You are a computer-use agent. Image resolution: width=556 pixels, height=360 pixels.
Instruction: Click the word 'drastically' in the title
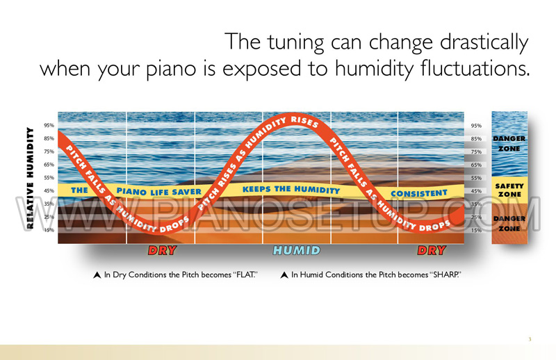pos(484,42)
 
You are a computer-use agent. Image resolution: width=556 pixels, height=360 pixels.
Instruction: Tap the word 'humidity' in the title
pos(374,68)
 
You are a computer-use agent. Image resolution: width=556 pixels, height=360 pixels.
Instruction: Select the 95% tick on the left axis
pos(49,125)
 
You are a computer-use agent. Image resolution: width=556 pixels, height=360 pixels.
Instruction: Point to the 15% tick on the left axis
pos(49,230)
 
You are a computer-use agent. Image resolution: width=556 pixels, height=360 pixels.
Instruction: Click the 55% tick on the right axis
pos(476,178)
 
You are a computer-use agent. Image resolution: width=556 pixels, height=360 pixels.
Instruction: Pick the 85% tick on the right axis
pos(476,139)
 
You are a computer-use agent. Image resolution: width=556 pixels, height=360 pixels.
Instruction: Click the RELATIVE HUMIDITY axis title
pos(30,178)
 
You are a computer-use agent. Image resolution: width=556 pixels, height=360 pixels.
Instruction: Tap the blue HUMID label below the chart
pos(297,250)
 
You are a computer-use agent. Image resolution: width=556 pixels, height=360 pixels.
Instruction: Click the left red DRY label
pos(163,250)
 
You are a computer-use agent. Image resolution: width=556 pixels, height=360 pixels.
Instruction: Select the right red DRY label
pos(432,250)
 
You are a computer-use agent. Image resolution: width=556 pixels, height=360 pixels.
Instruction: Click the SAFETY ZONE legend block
pos(509,190)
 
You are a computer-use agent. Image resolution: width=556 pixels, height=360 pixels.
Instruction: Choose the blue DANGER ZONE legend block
pos(509,144)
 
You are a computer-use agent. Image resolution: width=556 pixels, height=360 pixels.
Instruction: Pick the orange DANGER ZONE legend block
pos(509,224)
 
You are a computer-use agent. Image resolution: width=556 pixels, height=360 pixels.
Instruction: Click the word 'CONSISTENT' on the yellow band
pos(419,193)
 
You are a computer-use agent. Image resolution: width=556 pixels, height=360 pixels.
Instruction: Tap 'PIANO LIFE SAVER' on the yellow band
pos(159,192)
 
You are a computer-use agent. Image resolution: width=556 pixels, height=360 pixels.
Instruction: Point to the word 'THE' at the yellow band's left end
pos(79,190)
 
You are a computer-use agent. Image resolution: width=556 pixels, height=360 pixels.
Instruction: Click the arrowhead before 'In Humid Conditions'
pos(284,275)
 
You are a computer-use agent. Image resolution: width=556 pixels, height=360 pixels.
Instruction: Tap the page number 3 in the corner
pos(530,339)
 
